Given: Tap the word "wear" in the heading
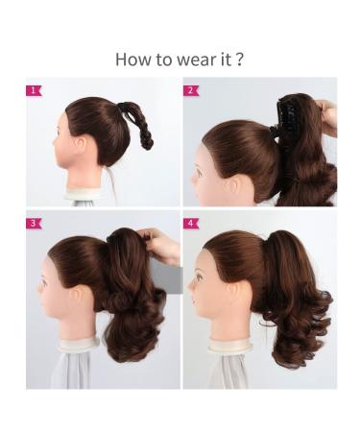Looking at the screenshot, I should (x=197, y=60).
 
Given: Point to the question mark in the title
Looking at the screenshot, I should (x=238, y=59).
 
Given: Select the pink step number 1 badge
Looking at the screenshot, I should (x=35, y=91).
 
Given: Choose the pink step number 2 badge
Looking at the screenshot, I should (x=191, y=91).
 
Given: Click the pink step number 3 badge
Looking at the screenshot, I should (x=35, y=224).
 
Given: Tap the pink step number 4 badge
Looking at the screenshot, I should (x=191, y=224).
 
